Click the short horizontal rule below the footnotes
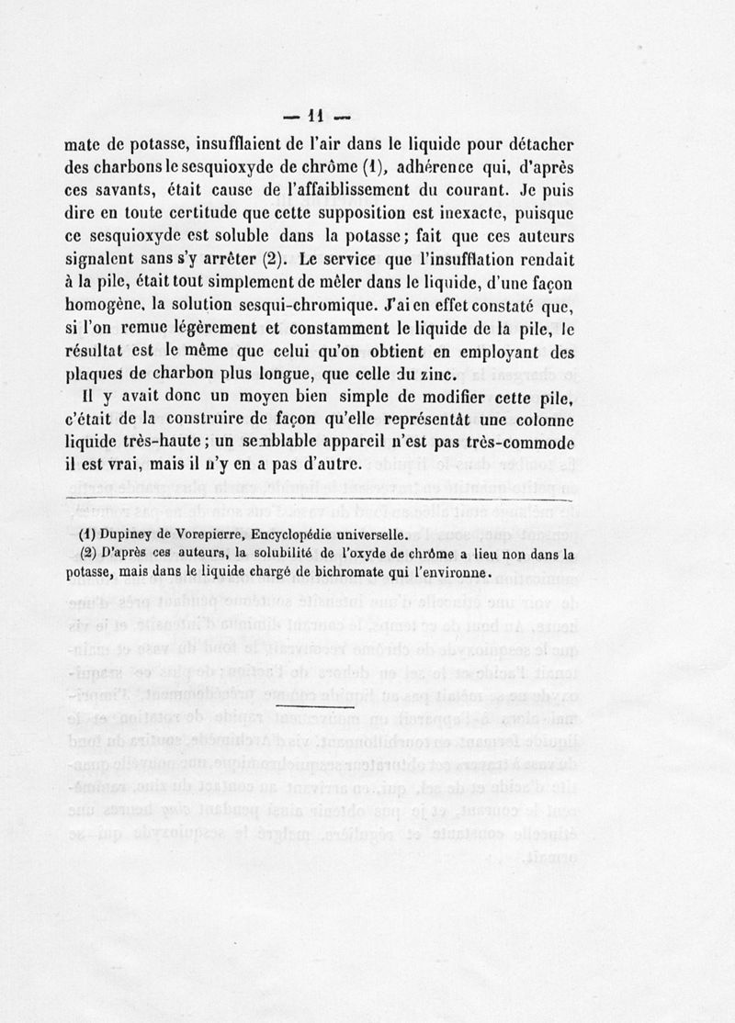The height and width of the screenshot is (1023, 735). click(314, 710)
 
